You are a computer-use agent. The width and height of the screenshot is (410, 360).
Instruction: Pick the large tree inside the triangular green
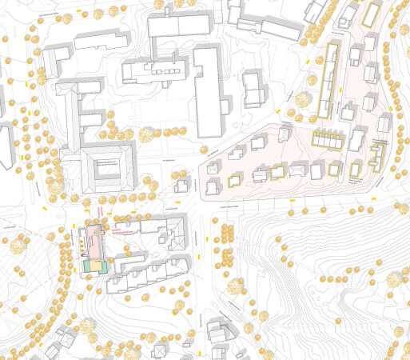coord(304,101)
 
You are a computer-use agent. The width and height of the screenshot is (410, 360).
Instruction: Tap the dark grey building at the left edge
coord(5,144)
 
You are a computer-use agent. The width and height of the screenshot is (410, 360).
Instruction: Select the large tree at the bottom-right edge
coord(396,278)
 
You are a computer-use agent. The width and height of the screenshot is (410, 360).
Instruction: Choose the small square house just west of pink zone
coord(183,185)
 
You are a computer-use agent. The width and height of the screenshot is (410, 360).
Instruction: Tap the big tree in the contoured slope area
coord(235,285)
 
